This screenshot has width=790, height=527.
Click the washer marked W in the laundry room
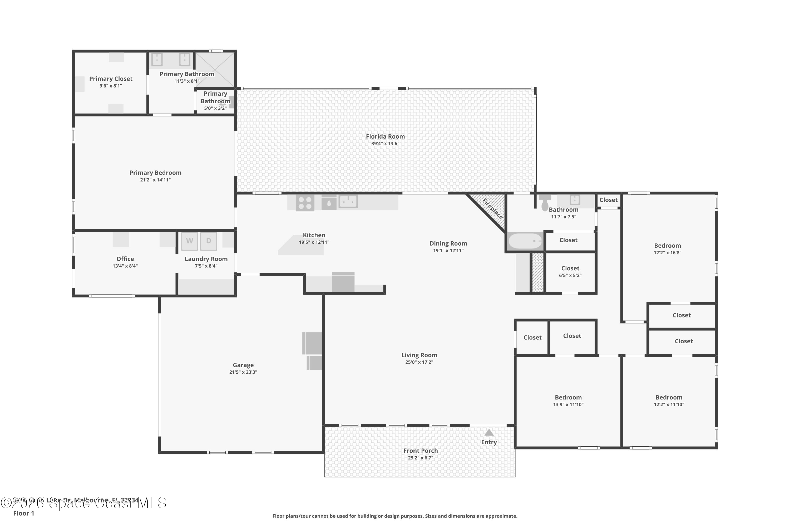coord(189,241)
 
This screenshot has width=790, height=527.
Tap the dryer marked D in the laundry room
coord(209,241)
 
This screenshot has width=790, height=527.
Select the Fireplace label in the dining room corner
coord(493,209)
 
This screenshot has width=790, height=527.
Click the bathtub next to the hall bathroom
coord(525,241)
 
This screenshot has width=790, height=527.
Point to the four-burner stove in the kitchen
coord(305,203)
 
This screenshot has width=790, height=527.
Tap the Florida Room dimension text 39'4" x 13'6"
coord(385,144)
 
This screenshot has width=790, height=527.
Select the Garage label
coord(243,365)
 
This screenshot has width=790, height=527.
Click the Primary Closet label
coord(111,79)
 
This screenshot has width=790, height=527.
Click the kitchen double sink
coord(348,202)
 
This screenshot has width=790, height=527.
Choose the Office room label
coord(125,259)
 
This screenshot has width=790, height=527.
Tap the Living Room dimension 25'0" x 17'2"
coord(419,362)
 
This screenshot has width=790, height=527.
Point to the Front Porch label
coord(421,451)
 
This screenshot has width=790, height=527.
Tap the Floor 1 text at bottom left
coord(23,513)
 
